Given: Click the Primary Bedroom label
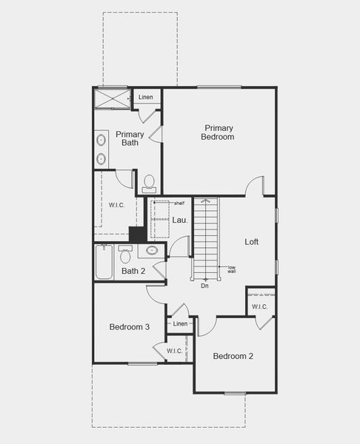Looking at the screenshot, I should click(219, 132).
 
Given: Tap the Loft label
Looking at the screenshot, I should click(252, 242).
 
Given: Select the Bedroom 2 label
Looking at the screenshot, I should click(233, 356).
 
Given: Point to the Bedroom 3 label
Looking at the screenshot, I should click(130, 327).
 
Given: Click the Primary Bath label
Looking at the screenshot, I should click(130, 138).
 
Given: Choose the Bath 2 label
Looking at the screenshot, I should click(133, 271).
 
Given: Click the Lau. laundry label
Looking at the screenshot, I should click(179, 220).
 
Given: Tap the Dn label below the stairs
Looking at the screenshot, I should click(204, 286).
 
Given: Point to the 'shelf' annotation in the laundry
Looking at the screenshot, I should click(179, 203).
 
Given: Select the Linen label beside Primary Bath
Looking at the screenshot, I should click(146, 97).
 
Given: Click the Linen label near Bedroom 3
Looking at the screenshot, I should click(180, 324).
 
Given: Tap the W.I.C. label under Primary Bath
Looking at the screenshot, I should click(117, 205).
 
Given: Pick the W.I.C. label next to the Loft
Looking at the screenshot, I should click(259, 306).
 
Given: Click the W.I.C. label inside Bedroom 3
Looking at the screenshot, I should click(174, 351).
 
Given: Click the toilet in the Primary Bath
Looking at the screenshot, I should click(149, 183).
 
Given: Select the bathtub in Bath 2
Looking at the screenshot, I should click(104, 263).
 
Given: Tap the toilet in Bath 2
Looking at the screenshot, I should click(125, 255).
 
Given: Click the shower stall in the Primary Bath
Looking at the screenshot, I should click(113, 98).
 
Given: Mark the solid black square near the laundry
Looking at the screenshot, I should click(137, 234).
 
